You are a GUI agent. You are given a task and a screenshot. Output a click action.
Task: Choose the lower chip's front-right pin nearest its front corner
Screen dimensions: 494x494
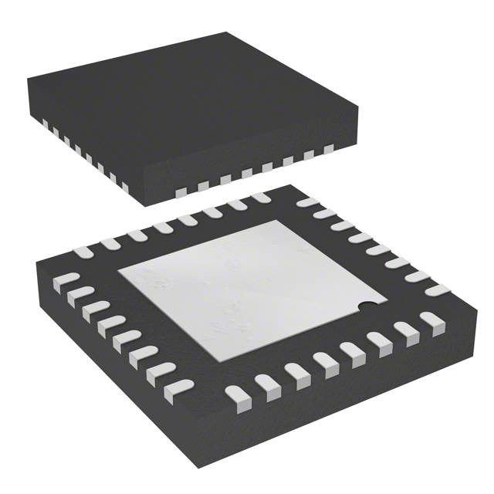click(x=237, y=396)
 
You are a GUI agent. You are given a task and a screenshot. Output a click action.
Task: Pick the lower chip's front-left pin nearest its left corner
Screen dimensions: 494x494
click(x=67, y=279)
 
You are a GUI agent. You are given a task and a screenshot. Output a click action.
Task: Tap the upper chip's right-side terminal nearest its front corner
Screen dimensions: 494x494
click(x=182, y=190)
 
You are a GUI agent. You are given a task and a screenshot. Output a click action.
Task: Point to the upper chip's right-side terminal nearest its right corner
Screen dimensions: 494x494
click(x=329, y=149)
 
